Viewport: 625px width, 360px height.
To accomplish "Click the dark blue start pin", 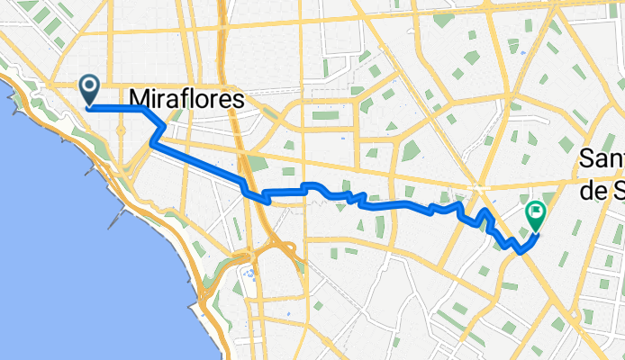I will point(91,88).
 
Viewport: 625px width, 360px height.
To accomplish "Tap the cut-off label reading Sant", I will point(602,159).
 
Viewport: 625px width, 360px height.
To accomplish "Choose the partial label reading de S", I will point(602,186).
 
